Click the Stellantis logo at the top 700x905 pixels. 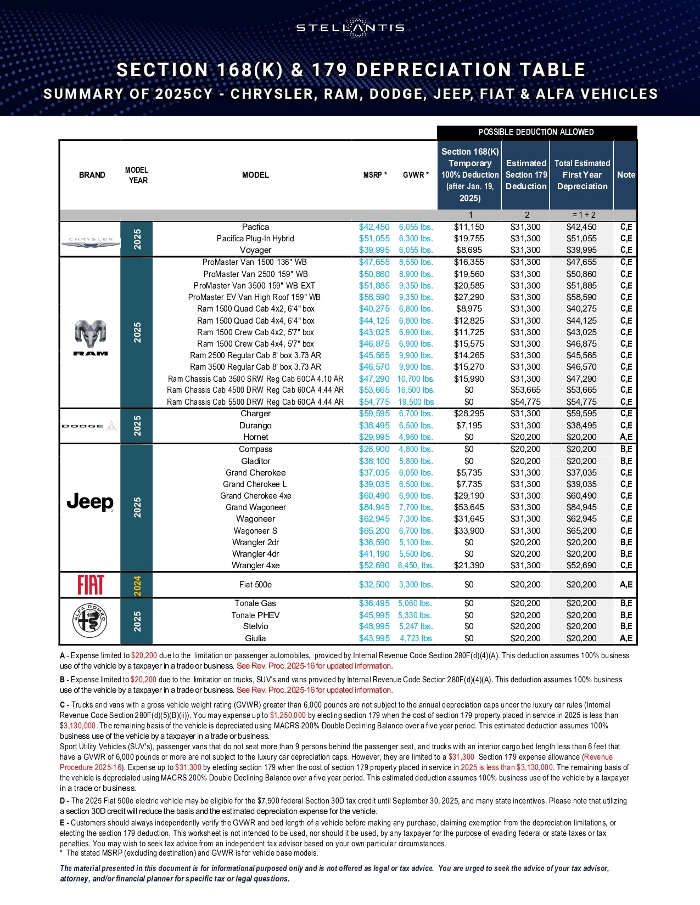pos(350,27)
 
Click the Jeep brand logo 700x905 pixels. pos(90,501)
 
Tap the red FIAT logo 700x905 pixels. pos(91,585)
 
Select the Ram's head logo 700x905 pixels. pos(91,336)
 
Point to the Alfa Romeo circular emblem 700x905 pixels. pos(90,621)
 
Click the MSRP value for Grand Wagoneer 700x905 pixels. pos(374,507)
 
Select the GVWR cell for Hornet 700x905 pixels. pos(416,437)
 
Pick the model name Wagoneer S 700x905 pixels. pos(255,531)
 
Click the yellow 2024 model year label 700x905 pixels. pos(137,585)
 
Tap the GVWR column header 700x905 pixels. pos(416,175)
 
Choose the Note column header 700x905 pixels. pos(626,175)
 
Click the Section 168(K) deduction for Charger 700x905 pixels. pos(469,414)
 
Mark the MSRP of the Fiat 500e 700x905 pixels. pos(374,585)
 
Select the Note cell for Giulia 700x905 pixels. pos(626,638)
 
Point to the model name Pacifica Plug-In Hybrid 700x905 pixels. pos(255,239)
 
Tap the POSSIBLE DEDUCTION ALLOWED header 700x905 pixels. pos(536,132)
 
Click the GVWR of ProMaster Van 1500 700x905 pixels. pos(416,262)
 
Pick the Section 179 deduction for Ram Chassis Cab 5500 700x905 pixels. pos(525,402)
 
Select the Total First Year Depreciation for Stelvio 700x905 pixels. pos(581,626)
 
